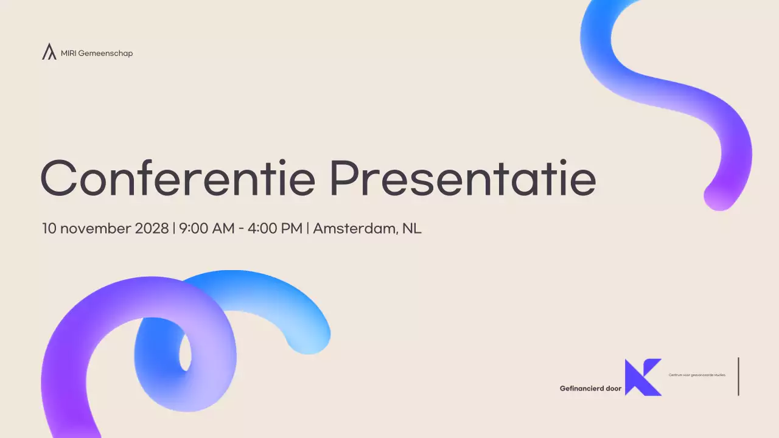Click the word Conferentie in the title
[177, 178]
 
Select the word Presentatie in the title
[463, 178]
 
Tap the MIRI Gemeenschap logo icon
[49, 52]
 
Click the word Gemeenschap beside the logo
[105, 54]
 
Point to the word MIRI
[68, 54]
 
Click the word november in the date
[95, 229]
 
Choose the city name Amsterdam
[355, 229]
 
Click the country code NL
[412, 229]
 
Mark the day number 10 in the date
[49, 229]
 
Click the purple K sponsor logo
[643, 377]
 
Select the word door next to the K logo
[613, 388]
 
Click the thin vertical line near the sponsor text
[738, 377]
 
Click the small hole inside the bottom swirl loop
[185, 353]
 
